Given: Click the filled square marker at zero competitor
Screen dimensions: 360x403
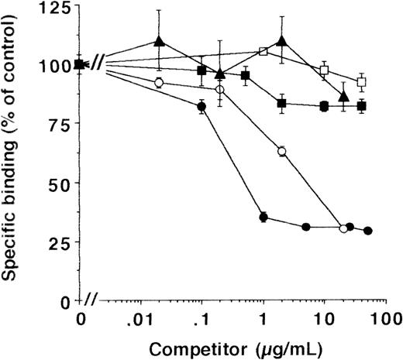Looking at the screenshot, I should (x=80, y=64).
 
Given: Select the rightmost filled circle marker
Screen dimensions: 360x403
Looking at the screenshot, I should (x=368, y=231).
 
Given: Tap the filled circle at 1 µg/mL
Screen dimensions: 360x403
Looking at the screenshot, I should (x=263, y=218).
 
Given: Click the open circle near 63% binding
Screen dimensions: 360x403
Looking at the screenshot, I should (x=282, y=151).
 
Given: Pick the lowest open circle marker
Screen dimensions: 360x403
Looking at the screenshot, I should (x=343, y=228).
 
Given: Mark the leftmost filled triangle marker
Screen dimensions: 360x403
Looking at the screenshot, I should (x=159, y=41).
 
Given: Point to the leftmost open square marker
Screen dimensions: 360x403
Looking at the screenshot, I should (x=263, y=52).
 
